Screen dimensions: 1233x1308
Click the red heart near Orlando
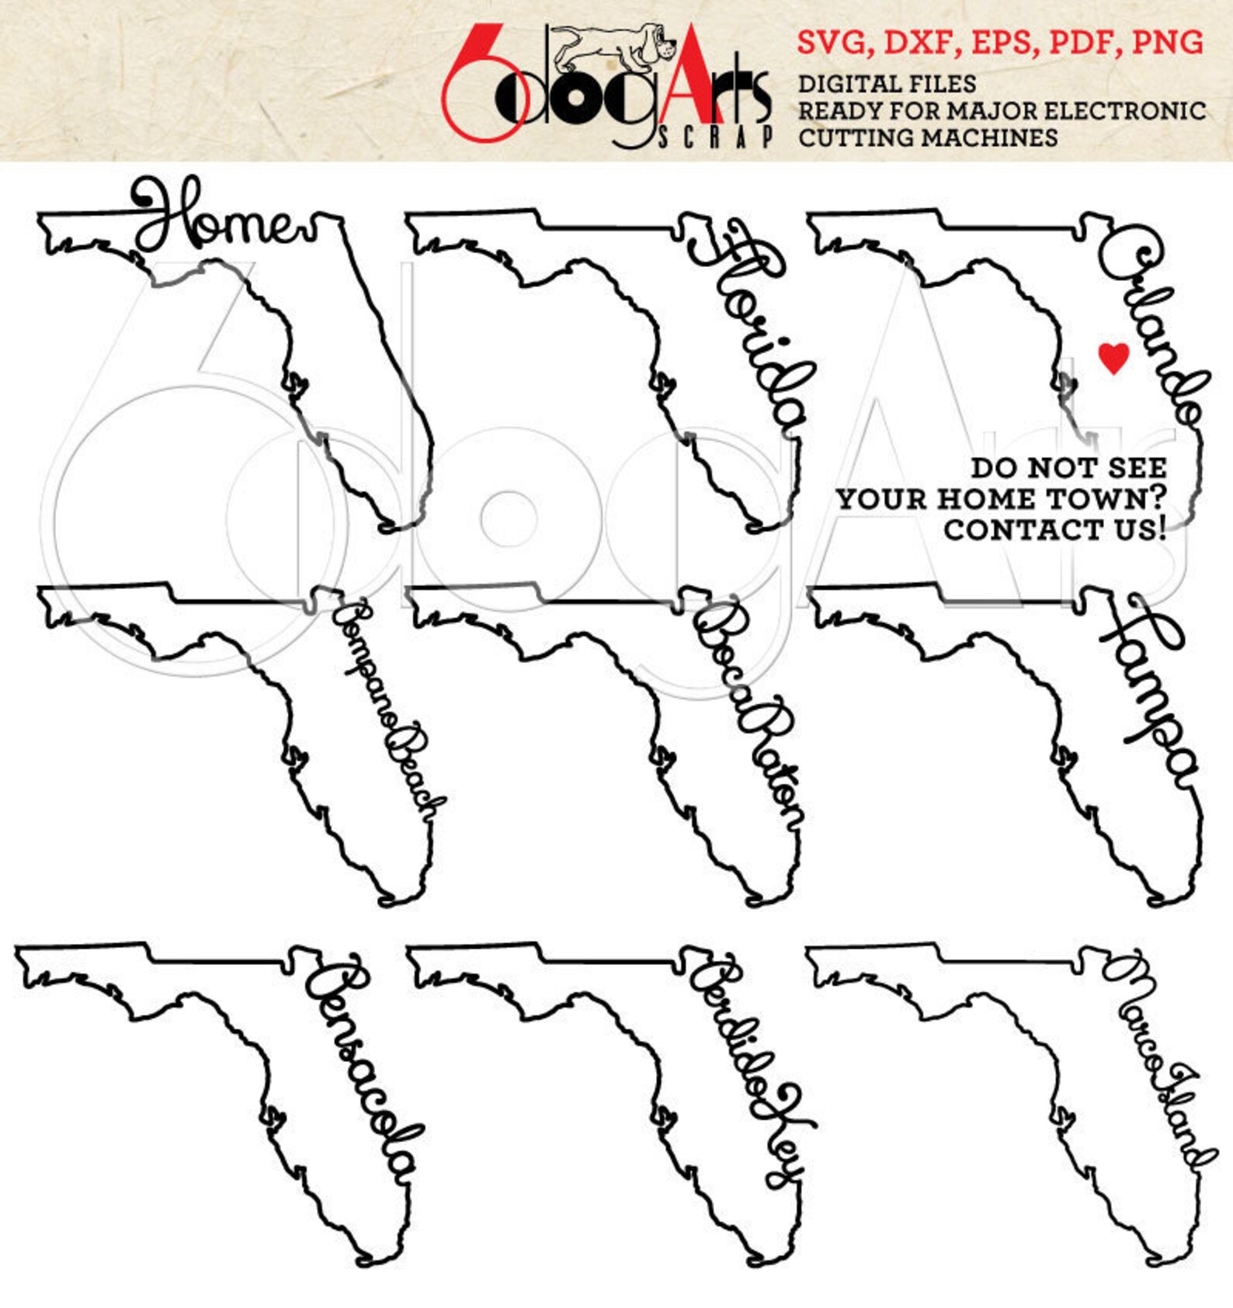click(1113, 358)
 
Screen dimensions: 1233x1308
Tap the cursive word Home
click(221, 218)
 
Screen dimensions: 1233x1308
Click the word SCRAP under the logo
click(714, 138)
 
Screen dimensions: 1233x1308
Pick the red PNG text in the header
click(1168, 43)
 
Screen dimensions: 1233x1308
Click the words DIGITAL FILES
click(887, 84)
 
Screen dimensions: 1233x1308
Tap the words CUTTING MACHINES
click(928, 138)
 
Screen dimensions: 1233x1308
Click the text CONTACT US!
click(1054, 529)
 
